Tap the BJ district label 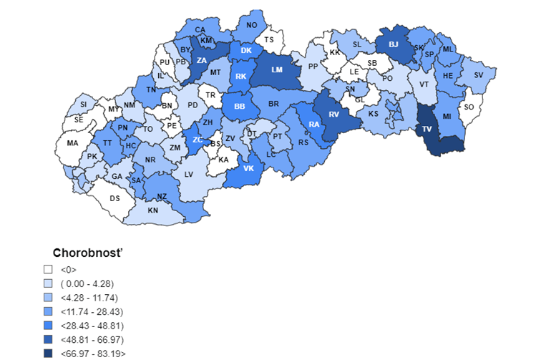pyautogui.click(x=393, y=44)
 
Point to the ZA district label pyautogui.click(x=203, y=60)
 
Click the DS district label pyautogui.click(x=114, y=198)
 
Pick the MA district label pyautogui.click(x=72, y=143)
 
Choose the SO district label pyautogui.click(x=469, y=107)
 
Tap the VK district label pyautogui.click(x=249, y=168)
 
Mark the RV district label pyautogui.click(x=333, y=114)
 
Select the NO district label pyautogui.click(x=251, y=25)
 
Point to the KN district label pyautogui.click(x=152, y=210)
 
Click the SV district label pyautogui.click(x=479, y=75)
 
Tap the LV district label pyautogui.click(x=190, y=174)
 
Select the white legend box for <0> pyautogui.click(x=48, y=270)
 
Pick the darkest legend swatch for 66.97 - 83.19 pyautogui.click(x=48, y=352)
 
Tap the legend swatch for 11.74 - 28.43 pyautogui.click(x=48, y=311)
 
